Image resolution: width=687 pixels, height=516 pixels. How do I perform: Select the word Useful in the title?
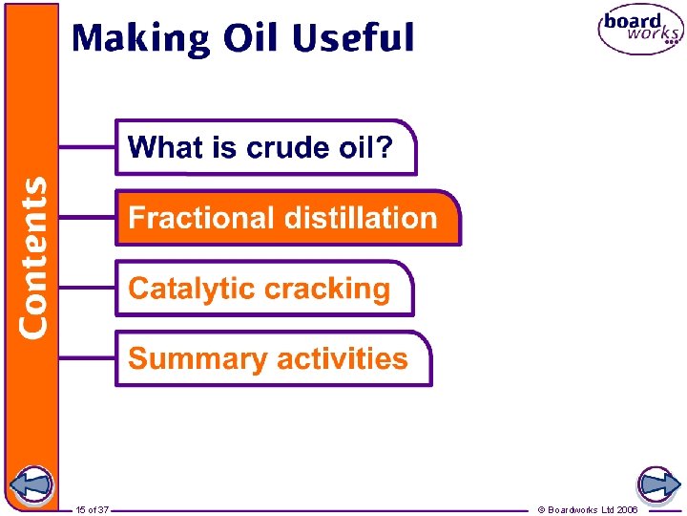pos(353,39)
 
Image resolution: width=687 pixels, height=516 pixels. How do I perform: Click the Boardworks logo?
pos(640,31)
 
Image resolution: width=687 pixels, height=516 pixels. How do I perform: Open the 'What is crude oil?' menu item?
pos(266,147)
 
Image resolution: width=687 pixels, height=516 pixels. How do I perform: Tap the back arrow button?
pos(31,486)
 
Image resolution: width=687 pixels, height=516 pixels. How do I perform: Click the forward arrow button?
pos(657,486)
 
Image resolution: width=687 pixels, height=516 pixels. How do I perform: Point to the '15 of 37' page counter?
pos(93,510)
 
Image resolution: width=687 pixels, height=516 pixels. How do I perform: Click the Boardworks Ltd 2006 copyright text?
pos(588,510)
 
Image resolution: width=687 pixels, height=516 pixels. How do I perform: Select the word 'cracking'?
pos(327,289)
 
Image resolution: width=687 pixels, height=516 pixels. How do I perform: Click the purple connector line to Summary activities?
pos(87,358)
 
